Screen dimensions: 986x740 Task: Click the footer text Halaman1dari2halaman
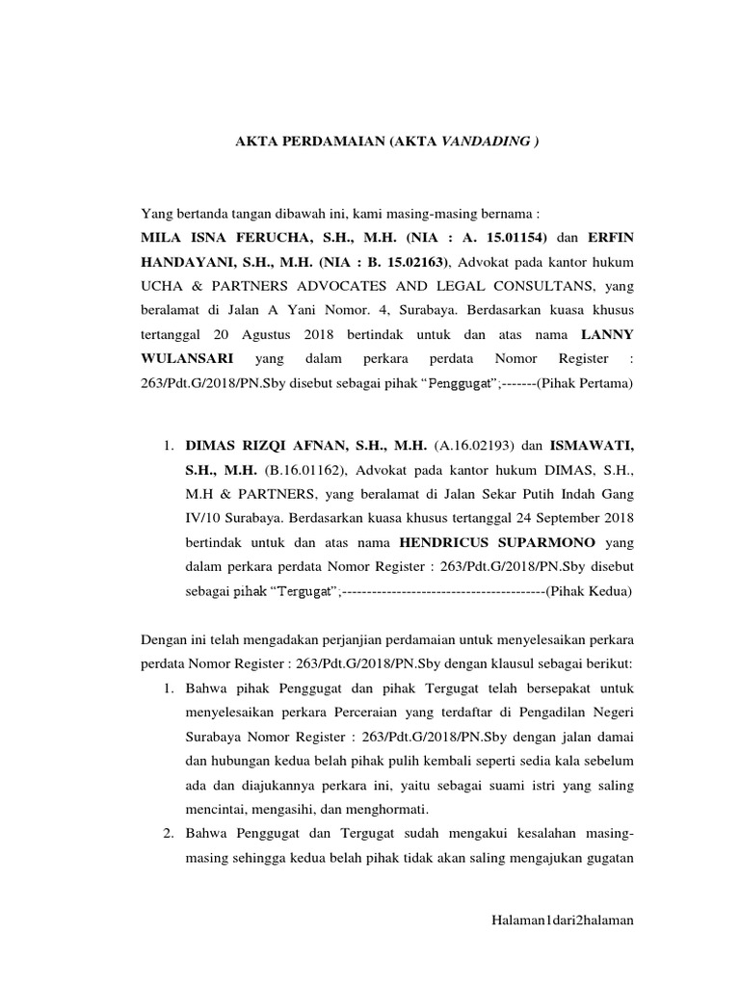click(x=562, y=921)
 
